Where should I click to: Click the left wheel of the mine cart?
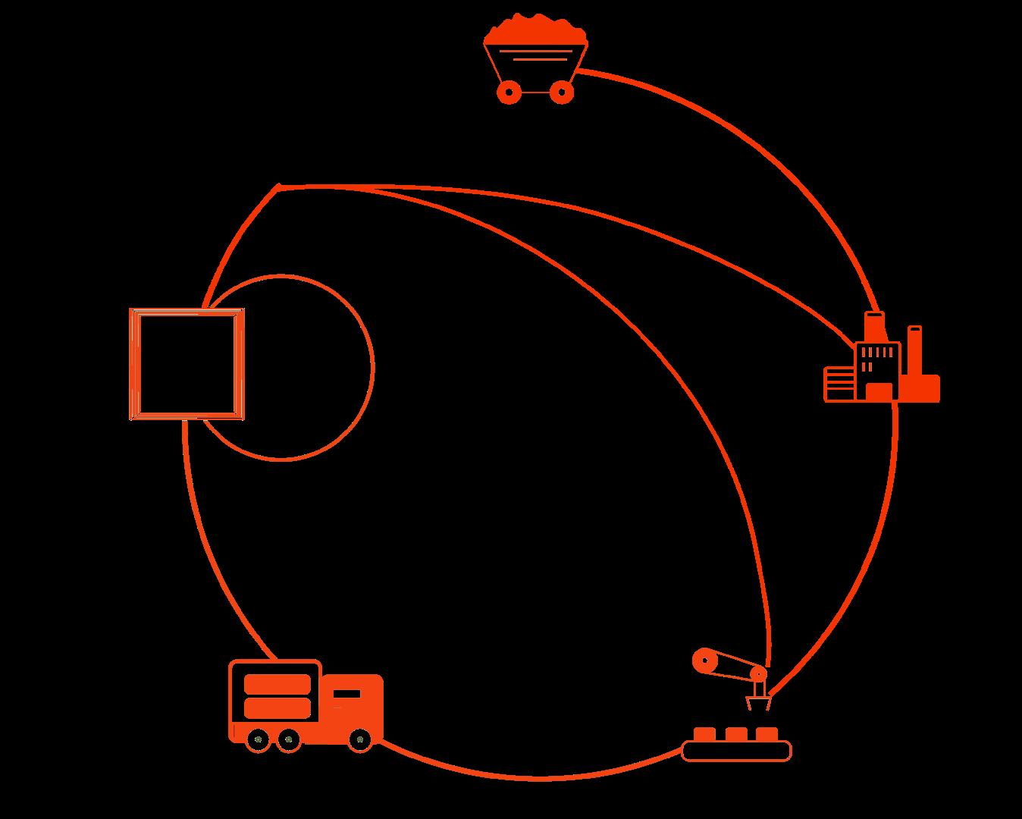[509, 93]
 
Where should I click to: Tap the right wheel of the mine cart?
[561, 93]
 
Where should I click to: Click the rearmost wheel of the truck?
[259, 739]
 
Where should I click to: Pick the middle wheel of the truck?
[287, 739]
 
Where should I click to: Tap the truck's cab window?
[346, 693]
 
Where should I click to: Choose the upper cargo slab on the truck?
[277, 684]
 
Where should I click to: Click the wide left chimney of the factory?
[875, 327]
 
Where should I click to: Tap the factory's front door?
[879, 391]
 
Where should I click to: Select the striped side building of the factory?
[839, 383]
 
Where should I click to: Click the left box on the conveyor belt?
[704, 734]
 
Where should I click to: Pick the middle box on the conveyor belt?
[735, 734]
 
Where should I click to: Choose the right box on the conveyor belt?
[766, 734]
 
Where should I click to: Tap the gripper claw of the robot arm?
[759, 702]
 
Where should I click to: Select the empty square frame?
[187, 364]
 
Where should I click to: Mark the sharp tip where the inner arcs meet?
[280, 186]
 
